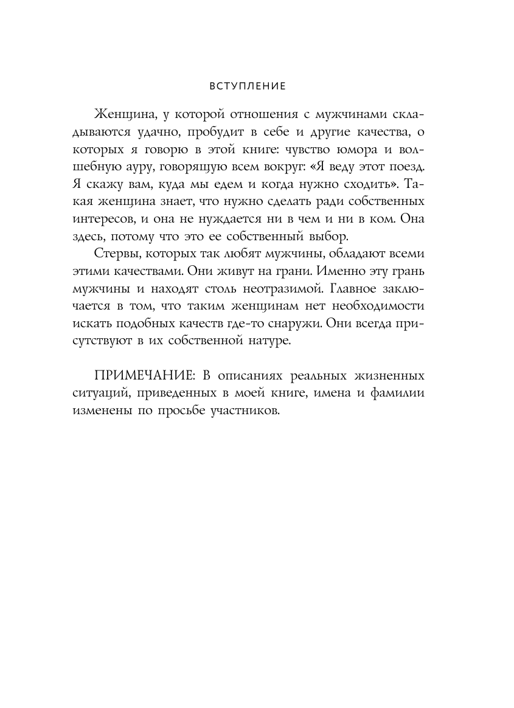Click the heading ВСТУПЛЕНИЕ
click(x=247, y=86)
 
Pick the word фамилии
click(x=397, y=393)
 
